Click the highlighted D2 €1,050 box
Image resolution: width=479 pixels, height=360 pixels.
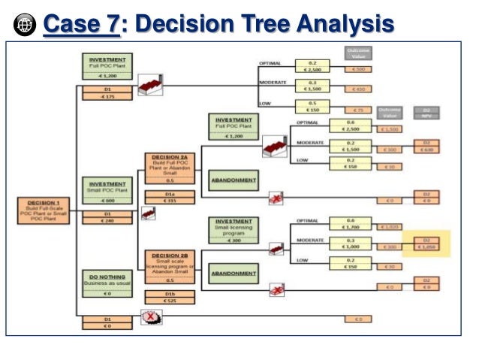coord(426,243)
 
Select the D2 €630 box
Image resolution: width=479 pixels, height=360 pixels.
coord(426,146)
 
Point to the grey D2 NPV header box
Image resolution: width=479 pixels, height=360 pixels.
coord(426,113)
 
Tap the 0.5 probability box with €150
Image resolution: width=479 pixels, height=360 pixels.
coord(313,107)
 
